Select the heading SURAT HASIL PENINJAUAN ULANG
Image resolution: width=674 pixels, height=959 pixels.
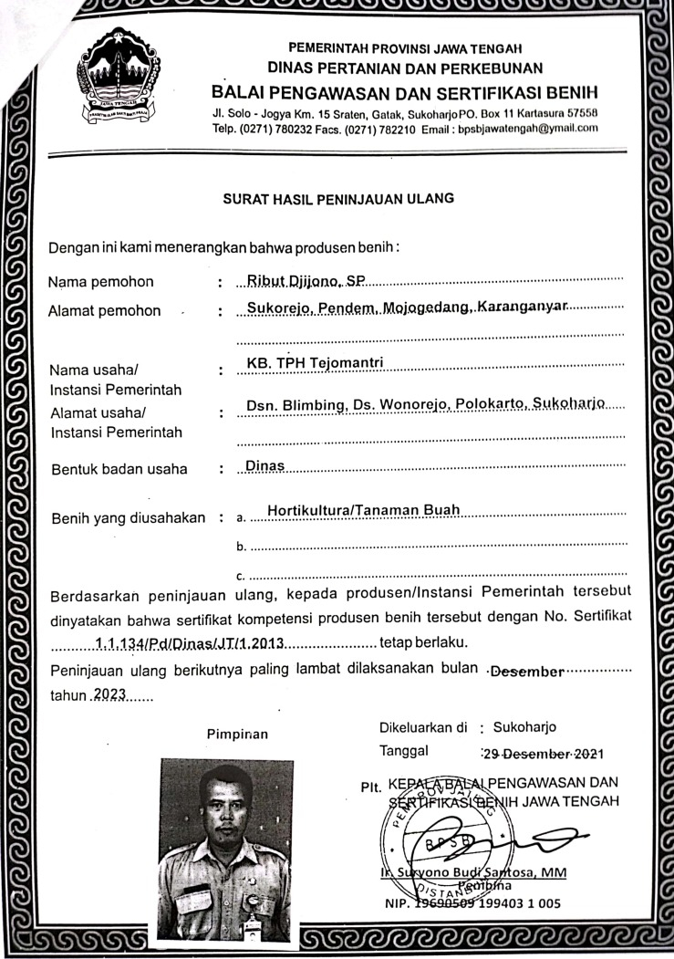338,197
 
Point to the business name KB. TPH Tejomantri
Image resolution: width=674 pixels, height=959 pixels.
313,364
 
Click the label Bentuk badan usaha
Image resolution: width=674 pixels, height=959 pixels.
119,469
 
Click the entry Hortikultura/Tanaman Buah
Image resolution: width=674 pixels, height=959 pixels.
364,510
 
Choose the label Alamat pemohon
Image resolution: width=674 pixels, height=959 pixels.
104,310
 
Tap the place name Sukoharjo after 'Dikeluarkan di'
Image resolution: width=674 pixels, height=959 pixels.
524,727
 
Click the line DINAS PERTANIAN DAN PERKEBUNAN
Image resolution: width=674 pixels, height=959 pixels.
405,68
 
